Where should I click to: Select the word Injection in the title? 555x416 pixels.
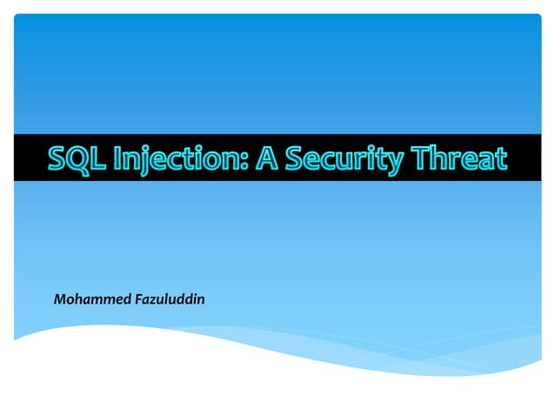pyautogui.click(x=173, y=158)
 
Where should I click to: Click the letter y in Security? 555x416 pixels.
pyautogui.click(x=391, y=162)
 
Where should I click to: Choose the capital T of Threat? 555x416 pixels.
pyautogui.click(x=418, y=158)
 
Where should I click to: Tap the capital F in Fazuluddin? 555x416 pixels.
pyautogui.click(x=138, y=300)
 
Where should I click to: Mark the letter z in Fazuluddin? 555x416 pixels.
pyautogui.click(x=153, y=302)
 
